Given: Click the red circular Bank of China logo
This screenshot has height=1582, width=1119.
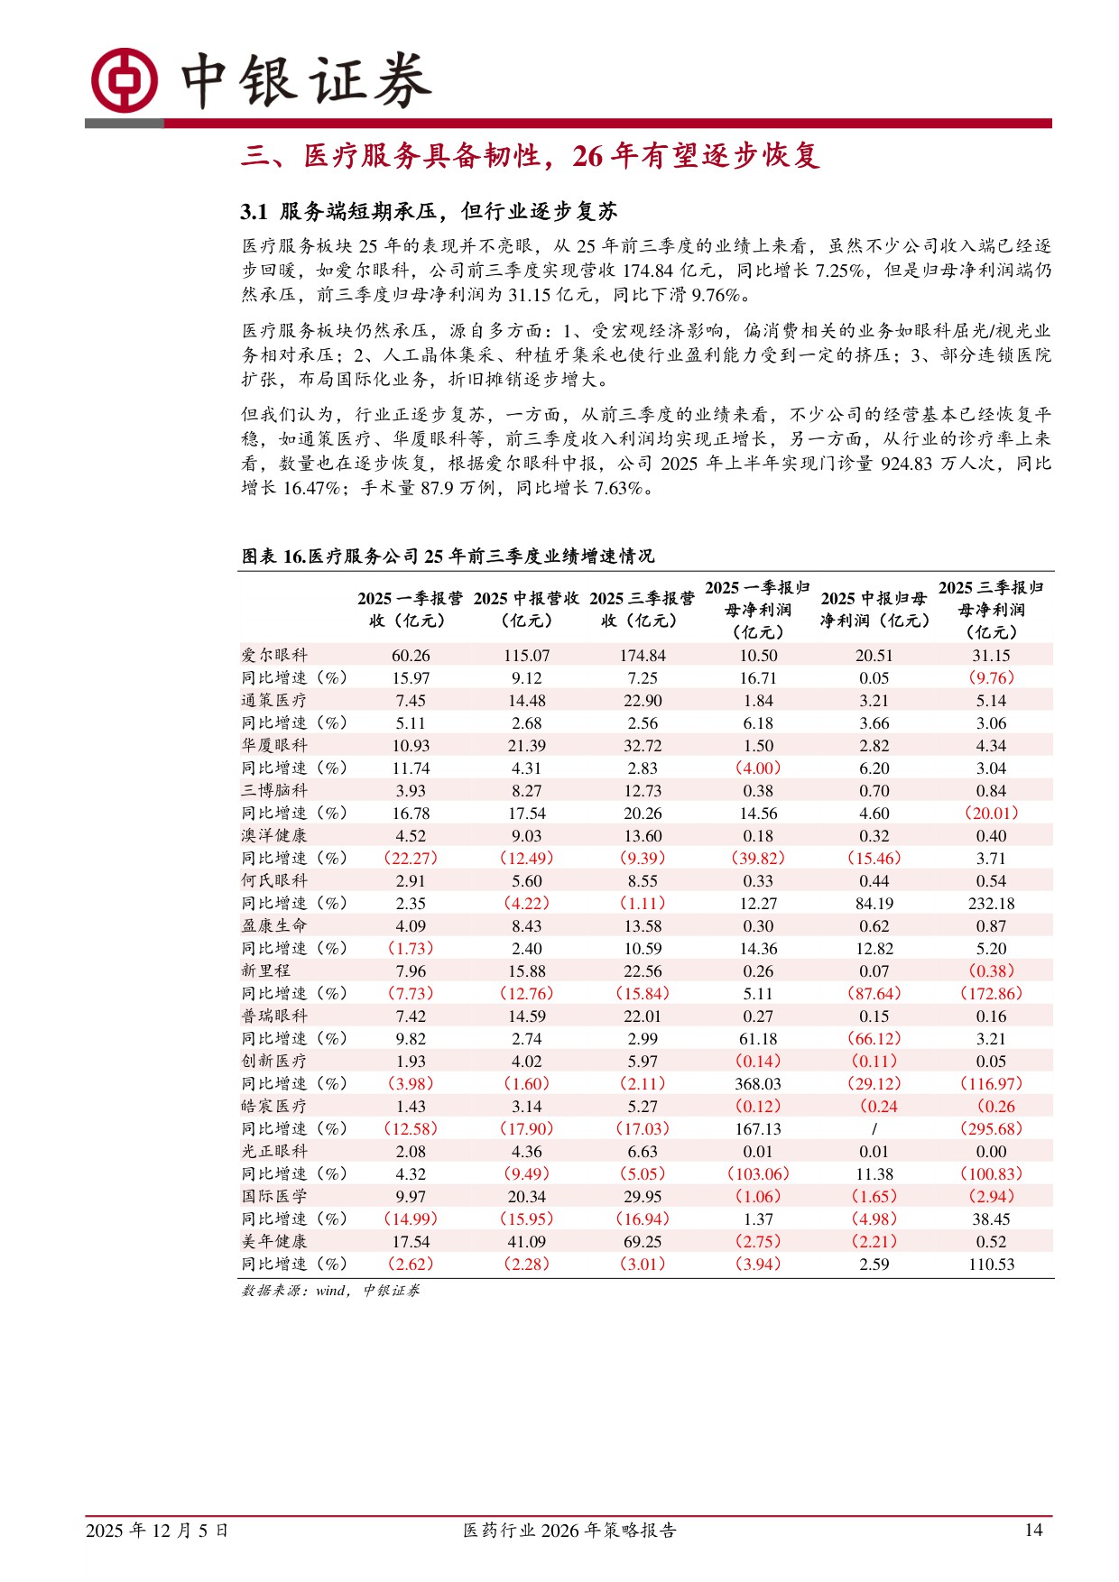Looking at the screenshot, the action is pyautogui.click(x=125, y=80).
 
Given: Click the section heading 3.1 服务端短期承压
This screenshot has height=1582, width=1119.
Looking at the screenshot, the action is pyautogui.click(x=429, y=212).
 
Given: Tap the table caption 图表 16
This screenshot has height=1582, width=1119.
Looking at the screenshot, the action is pyautogui.click(x=448, y=556).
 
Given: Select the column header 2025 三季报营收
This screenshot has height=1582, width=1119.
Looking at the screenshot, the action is pyautogui.click(x=643, y=610).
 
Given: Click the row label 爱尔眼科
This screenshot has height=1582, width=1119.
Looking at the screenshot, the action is pyautogui.click(x=274, y=656).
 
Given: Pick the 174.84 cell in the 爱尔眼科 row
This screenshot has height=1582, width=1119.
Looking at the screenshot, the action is pyautogui.click(x=643, y=656).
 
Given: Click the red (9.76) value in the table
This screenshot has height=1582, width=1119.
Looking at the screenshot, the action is pyautogui.click(x=991, y=678).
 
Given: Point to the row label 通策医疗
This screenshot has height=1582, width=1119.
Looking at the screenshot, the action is pyautogui.click(x=274, y=701).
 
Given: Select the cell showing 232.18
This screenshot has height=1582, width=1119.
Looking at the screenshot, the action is pyautogui.click(x=991, y=904).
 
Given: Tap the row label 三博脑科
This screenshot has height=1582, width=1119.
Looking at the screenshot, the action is pyautogui.click(x=274, y=791).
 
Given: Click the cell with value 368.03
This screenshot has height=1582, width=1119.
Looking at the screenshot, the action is pyautogui.click(x=758, y=1084).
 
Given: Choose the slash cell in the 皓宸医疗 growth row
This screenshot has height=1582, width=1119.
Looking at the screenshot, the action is pyautogui.click(x=874, y=1129).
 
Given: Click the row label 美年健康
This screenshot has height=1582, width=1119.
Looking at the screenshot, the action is pyautogui.click(x=274, y=1242).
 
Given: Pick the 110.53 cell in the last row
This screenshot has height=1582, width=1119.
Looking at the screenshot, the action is pyautogui.click(x=991, y=1265).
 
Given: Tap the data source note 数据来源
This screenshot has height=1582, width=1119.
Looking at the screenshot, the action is pyautogui.click(x=330, y=1291).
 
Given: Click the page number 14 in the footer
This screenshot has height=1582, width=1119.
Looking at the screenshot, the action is pyautogui.click(x=1033, y=1531).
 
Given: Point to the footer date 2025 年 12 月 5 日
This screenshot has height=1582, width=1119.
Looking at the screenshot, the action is pyautogui.click(x=157, y=1531).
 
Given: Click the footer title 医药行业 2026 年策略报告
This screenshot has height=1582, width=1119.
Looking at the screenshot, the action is pyautogui.click(x=569, y=1531).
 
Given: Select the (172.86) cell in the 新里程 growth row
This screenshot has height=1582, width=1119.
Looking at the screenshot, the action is pyautogui.click(x=991, y=994).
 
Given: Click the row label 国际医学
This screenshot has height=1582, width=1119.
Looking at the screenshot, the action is pyautogui.click(x=274, y=1197).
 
